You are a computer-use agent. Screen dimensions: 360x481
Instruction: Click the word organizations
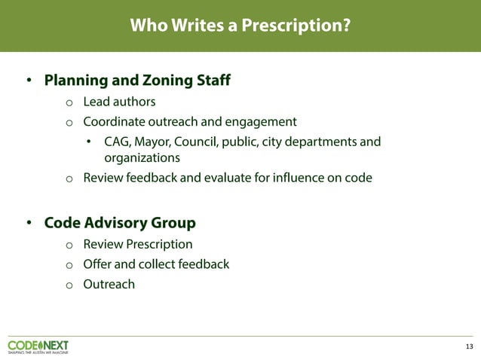(142, 158)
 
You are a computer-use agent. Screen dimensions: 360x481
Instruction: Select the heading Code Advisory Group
(120, 223)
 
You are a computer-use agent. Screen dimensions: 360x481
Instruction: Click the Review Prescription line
(137, 244)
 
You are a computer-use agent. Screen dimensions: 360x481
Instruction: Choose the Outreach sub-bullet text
(109, 284)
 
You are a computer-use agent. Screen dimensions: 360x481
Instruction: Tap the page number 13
(469, 346)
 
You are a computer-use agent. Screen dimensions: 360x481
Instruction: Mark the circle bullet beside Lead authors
(69, 102)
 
